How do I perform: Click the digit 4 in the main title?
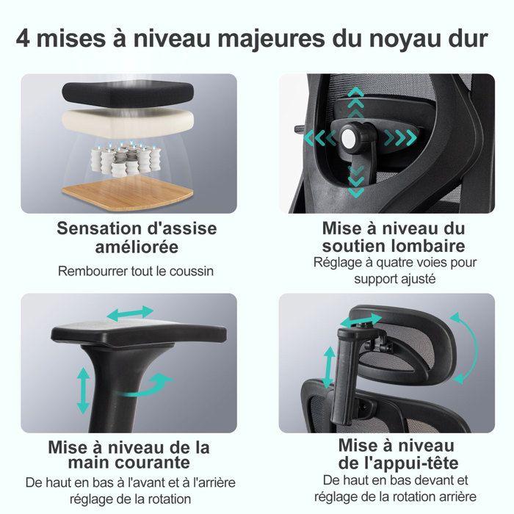click(x=25, y=37)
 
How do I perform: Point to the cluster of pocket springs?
click(x=126, y=156)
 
